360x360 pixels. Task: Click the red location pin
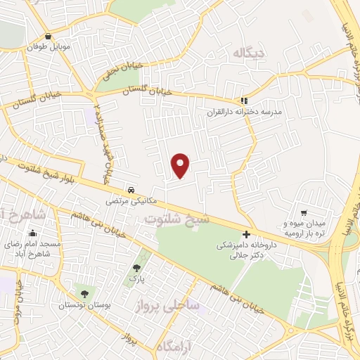pos(181,165)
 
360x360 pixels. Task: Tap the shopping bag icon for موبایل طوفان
pos(48,37)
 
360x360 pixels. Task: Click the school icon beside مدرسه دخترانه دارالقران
pos(244,101)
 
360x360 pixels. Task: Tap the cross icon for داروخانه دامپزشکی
pos(246,234)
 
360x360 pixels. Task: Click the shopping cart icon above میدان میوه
pos(304,212)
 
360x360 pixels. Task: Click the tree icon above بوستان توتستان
pos(85,295)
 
